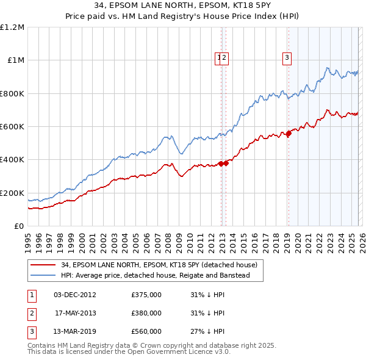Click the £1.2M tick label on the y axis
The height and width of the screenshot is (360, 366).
[x=12, y=27]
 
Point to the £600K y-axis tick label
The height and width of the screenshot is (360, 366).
[x=12, y=127]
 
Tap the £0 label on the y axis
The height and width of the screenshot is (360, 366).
[x=18, y=226]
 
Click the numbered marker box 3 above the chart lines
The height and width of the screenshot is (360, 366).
[x=286, y=59]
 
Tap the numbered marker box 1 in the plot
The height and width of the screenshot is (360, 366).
[x=218, y=59]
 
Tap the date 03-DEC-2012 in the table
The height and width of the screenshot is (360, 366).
[x=74, y=295]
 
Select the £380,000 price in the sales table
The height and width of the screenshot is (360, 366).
[x=146, y=313]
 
